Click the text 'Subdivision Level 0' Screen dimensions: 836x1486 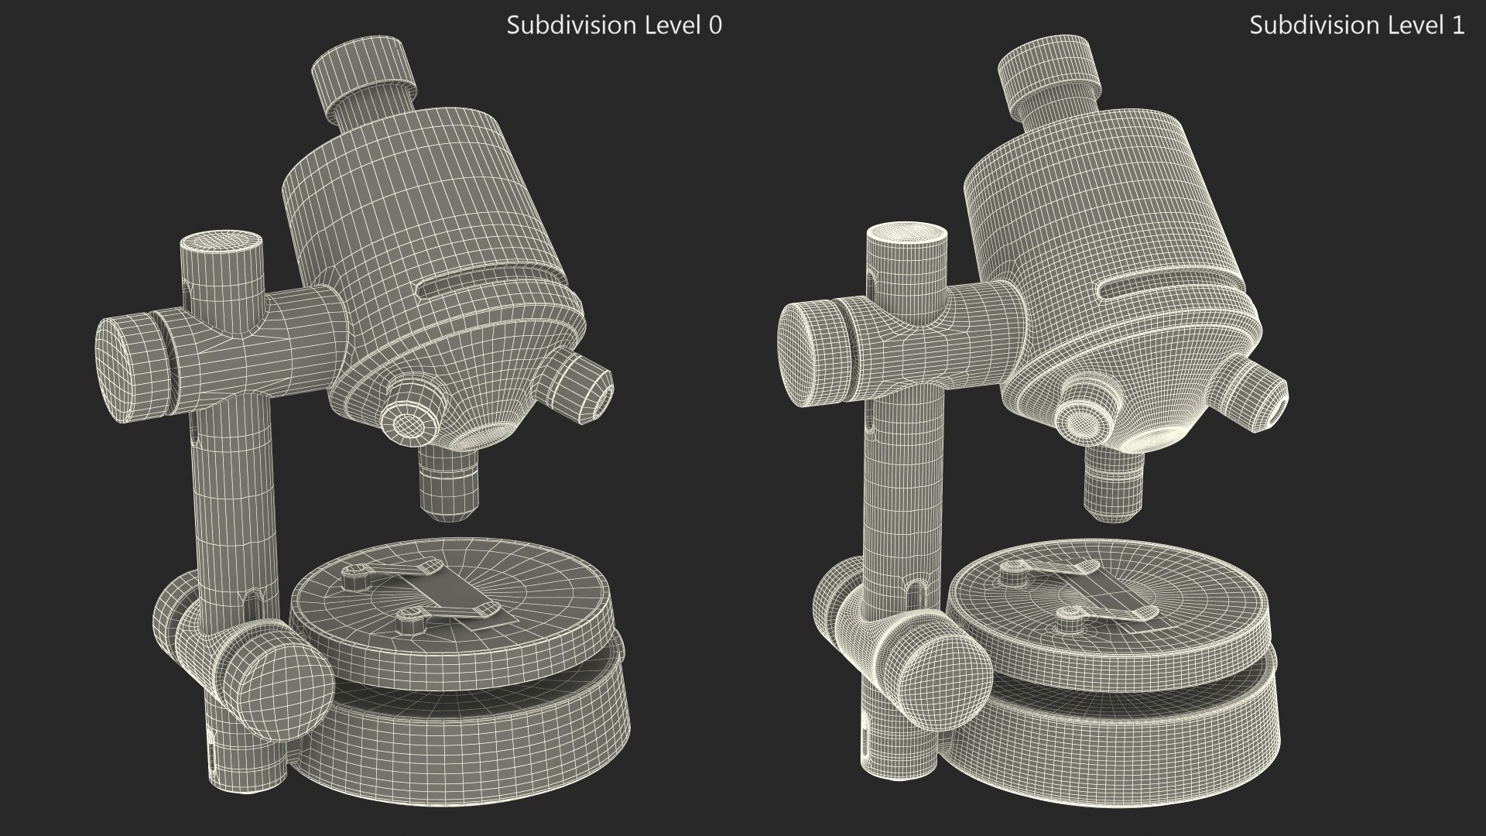pos(614,26)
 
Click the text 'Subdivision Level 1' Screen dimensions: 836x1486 pos(1356,26)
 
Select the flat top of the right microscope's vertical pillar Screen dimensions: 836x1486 pos(907,235)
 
